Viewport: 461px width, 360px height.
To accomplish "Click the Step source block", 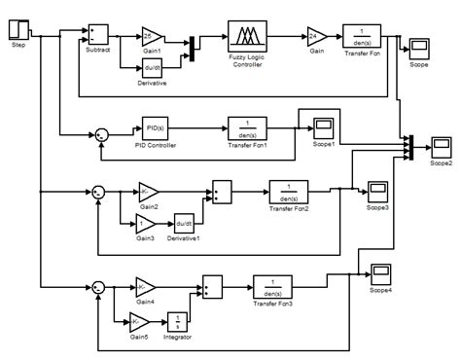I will [18, 29].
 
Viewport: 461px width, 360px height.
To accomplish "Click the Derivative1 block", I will [185, 223].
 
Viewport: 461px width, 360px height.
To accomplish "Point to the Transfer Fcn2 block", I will [289, 191].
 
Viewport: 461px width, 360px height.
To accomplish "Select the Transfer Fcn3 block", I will [274, 287].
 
